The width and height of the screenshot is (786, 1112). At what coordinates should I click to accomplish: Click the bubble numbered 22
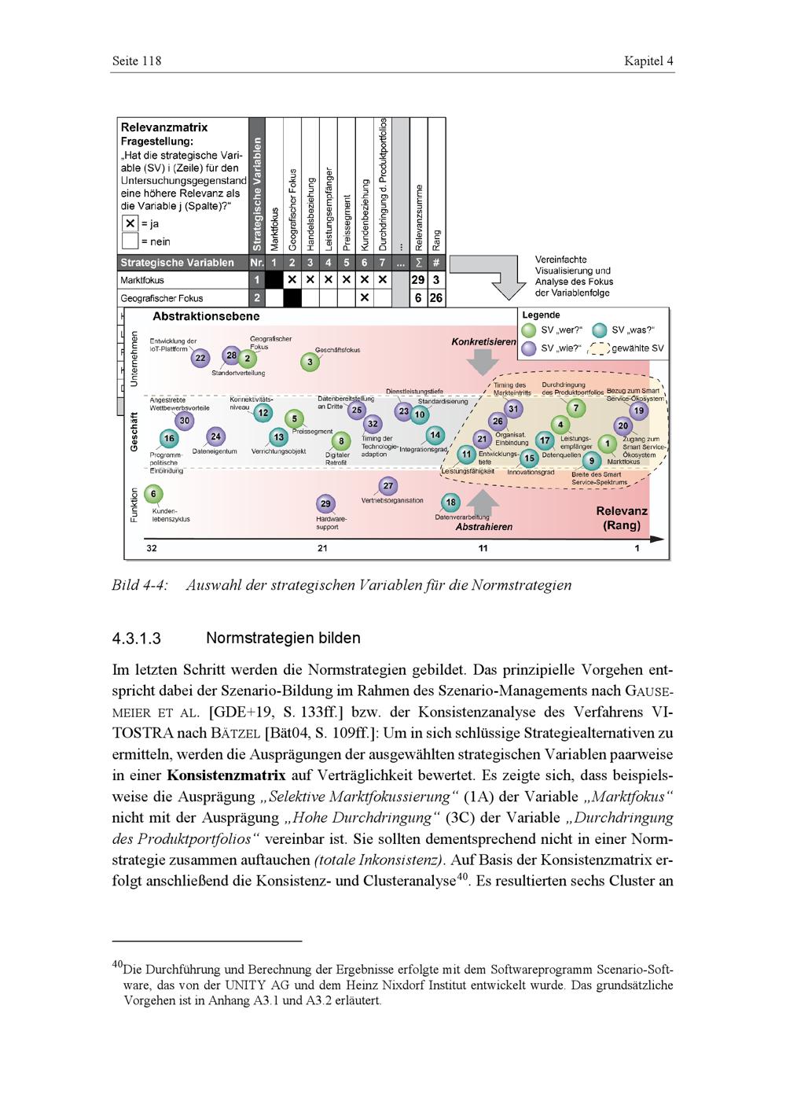[x=200, y=358]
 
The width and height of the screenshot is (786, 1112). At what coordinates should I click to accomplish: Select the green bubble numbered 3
[x=310, y=362]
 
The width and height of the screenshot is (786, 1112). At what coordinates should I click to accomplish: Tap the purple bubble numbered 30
[x=185, y=421]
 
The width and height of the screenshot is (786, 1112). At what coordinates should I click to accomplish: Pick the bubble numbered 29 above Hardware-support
[x=325, y=503]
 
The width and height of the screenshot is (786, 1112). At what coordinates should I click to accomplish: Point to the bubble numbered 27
[x=388, y=486]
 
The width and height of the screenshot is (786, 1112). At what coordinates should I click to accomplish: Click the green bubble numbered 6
[x=153, y=494]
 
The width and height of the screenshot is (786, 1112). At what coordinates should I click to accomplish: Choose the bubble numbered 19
[x=639, y=410]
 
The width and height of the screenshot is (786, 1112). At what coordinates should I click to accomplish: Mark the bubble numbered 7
[x=576, y=408]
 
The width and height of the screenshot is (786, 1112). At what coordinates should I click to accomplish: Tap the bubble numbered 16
[x=169, y=439]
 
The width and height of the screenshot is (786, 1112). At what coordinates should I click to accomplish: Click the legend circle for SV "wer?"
[x=529, y=330]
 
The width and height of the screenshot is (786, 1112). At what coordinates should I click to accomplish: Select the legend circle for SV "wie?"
[x=529, y=348]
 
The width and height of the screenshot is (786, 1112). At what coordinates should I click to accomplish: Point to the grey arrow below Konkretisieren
[x=483, y=362]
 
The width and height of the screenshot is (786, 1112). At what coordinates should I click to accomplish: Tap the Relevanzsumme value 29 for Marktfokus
[x=418, y=279]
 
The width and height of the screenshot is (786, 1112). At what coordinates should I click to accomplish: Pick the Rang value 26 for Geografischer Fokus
[x=436, y=298]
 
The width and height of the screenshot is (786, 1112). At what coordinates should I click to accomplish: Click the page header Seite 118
[x=137, y=61]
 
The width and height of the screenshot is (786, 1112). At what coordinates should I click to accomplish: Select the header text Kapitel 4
[x=648, y=61]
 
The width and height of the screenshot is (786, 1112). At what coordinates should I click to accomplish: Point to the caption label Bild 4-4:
[x=140, y=585]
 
